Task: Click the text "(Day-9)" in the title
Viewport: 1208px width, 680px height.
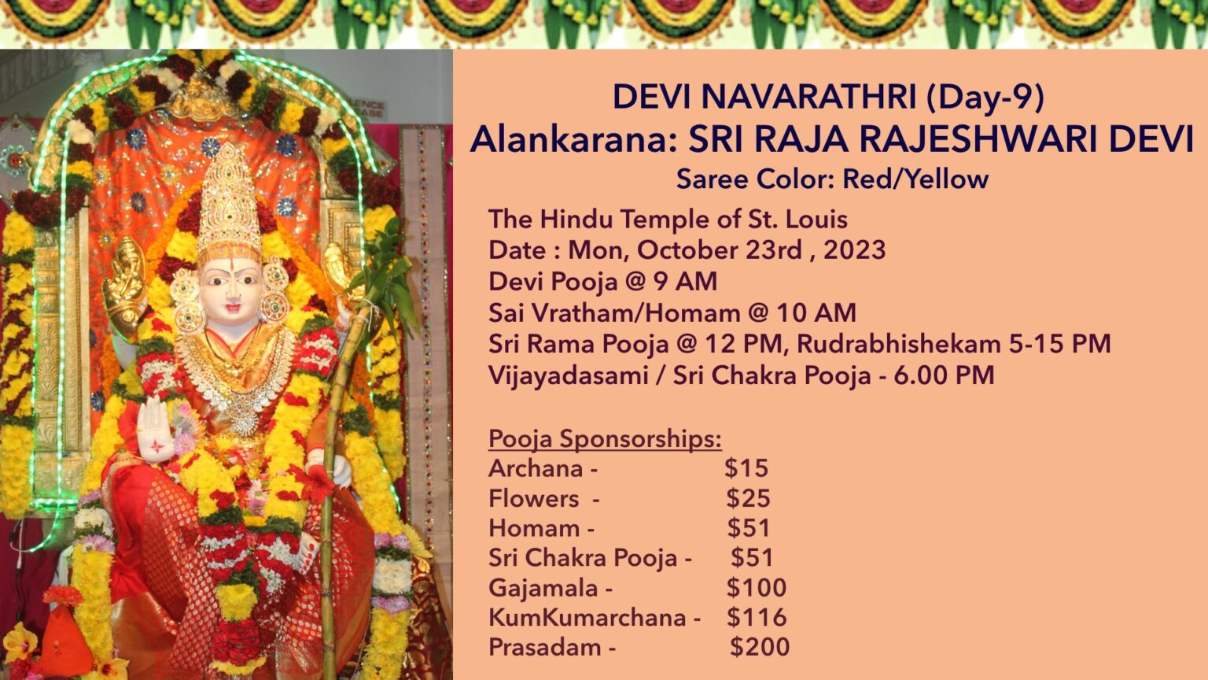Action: tap(985, 97)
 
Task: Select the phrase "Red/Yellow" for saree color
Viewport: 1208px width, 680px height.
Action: tap(915, 179)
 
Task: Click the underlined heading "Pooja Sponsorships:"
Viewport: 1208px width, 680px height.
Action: tap(605, 438)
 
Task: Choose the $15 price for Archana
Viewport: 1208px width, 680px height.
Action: tap(746, 468)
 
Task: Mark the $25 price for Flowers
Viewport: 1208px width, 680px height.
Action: tap(748, 498)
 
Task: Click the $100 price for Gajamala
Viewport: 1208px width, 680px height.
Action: tap(757, 588)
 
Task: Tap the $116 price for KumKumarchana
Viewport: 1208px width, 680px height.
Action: tap(757, 617)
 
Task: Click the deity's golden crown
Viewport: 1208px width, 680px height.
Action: tap(229, 201)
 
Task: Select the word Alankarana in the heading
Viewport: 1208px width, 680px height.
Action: tap(573, 139)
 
